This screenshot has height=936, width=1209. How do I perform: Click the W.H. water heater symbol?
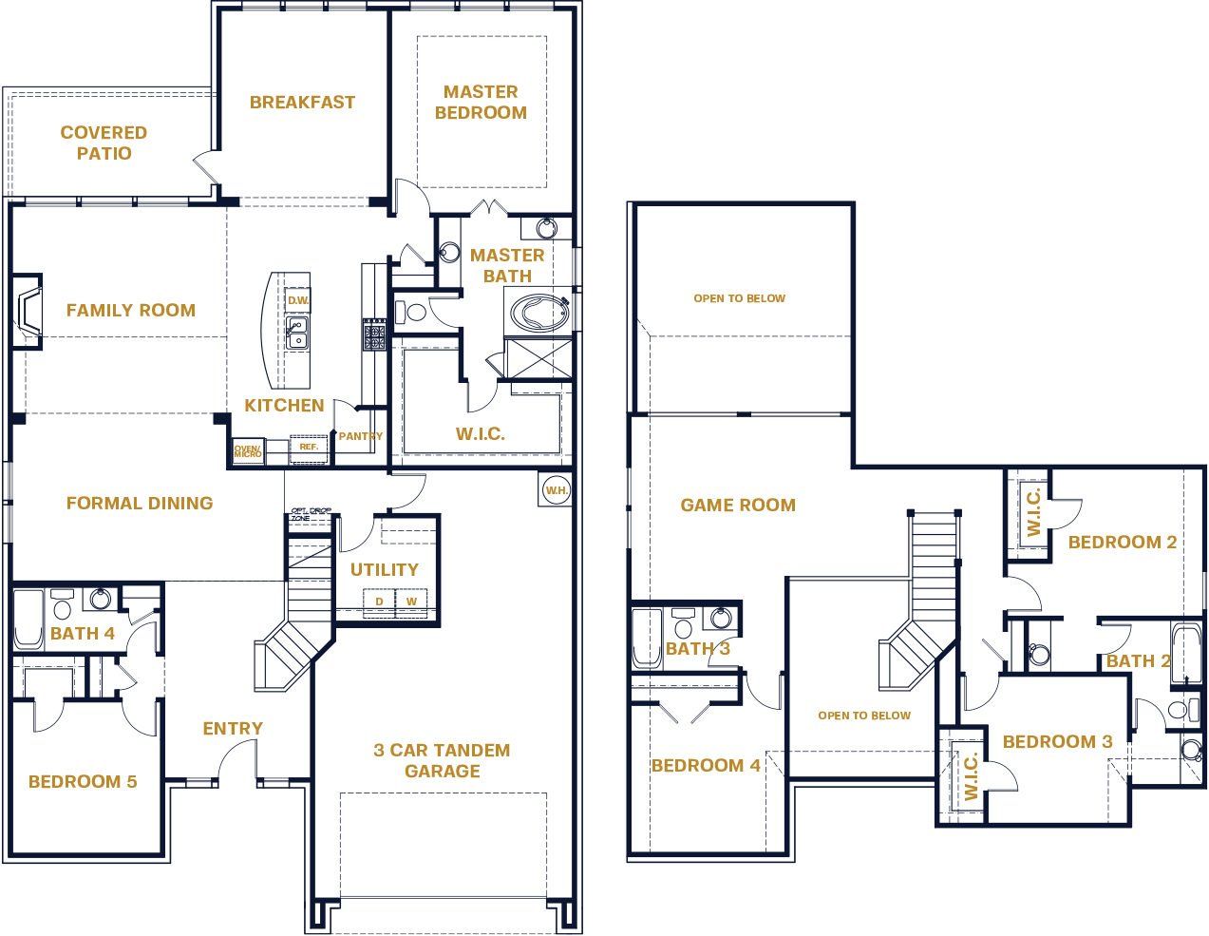[x=555, y=489]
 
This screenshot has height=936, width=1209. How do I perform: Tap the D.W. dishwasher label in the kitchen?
[x=297, y=300]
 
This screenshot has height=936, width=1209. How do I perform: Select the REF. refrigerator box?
[x=309, y=447]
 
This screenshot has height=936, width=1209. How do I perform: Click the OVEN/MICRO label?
[x=248, y=451]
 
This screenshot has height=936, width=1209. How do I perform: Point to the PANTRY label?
[x=361, y=436]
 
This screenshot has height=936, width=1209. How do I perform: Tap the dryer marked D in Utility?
[x=379, y=602]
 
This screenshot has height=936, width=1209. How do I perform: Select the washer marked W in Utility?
[x=411, y=602]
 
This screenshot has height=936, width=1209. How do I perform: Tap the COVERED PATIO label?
[x=104, y=143]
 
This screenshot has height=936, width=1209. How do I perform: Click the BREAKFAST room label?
[x=302, y=102]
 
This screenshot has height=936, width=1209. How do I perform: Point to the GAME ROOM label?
[x=738, y=505]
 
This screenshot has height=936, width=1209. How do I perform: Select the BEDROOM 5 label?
[x=83, y=781]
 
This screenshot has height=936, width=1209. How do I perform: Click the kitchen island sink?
[x=297, y=334]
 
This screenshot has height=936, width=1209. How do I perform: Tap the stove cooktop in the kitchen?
[x=373, y=335]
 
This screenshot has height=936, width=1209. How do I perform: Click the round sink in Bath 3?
[x=722, y=619]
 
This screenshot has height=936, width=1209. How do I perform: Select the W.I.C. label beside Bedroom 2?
[x=1034, y=511]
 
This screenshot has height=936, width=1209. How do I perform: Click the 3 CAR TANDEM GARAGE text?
[x=442, y=760]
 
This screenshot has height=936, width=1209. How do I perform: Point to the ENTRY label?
[x=233, y=728]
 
